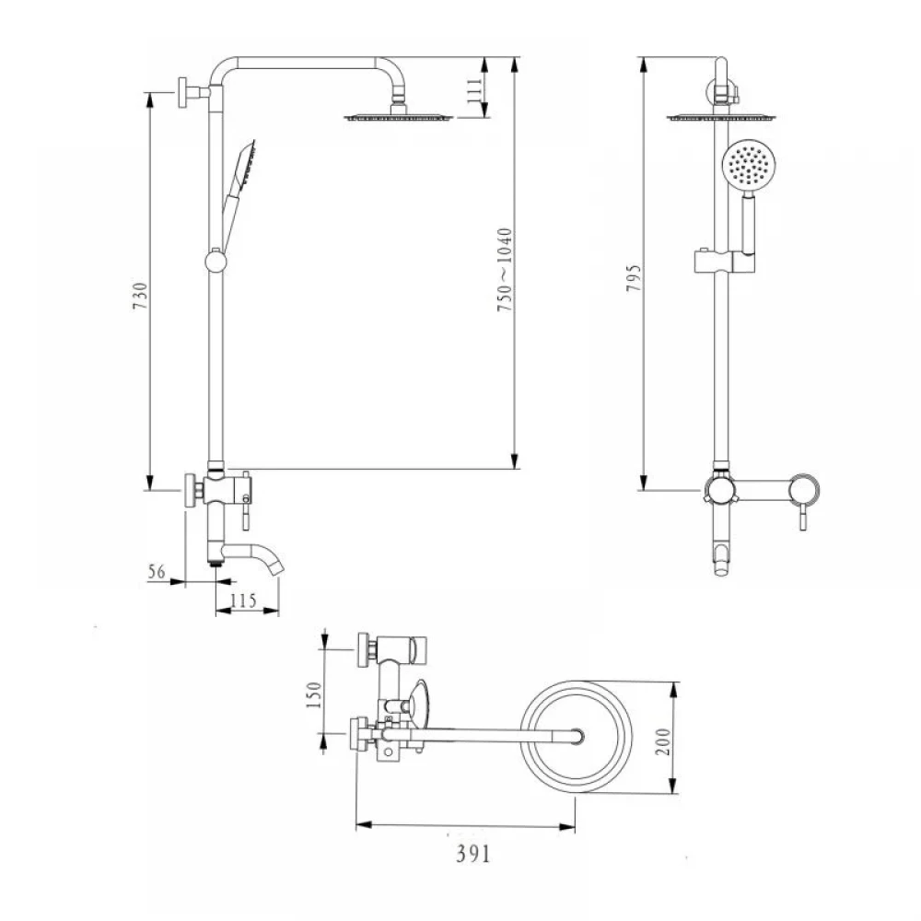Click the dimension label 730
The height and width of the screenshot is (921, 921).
pyautogui.click(x=140, y=296)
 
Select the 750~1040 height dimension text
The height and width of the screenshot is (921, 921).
pyautogui.click(x=505, y=270)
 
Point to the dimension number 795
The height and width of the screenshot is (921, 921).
pyautogui.click(x=634, y=278)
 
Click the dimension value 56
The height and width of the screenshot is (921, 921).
pyautogui.click(x=157, y=571)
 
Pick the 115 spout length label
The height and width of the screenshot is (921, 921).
pyautogui.click(x=243, y=600)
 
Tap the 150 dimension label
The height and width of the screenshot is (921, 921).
pyautogui.click(x=314, y=694)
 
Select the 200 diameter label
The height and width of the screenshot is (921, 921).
pyautogui.click(x=662, y=741)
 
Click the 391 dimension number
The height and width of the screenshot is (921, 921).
pyautogui.click(x=472, y=854)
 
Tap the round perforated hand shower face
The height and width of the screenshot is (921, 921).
pyautogui.click(x=748, y=165)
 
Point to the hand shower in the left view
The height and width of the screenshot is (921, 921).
pyautogui.click(x=238, y=194)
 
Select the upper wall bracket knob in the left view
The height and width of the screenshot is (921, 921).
pyautogui.click(x=182, y=92)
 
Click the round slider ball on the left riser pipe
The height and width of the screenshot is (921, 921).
pyautogui.click(x=216, y=261)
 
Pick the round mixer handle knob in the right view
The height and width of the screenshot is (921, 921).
pyautogui.click(x=803, y=489)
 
